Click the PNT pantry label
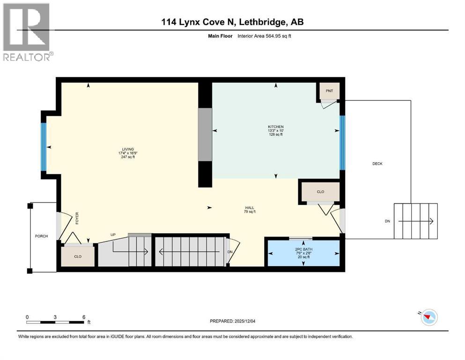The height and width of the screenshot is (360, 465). coord(330,90)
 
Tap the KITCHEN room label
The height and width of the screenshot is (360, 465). coord(276,127)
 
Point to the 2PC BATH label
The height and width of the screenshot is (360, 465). coord(303,249)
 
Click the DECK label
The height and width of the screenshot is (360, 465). coord(377,164)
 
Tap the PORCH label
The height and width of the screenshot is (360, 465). coord(41,236)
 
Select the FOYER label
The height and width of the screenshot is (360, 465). coord(77,219)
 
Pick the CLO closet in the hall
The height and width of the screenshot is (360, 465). coord(320,192)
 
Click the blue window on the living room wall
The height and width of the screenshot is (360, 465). coord(44,146)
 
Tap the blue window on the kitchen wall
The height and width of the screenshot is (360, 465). coord(342,142)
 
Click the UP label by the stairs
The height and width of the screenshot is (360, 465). coord(113,234)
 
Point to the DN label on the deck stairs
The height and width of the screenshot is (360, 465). coord(387,221)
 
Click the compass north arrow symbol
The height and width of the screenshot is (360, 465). coord(427,317)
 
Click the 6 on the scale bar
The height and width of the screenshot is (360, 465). coord(83,317)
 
